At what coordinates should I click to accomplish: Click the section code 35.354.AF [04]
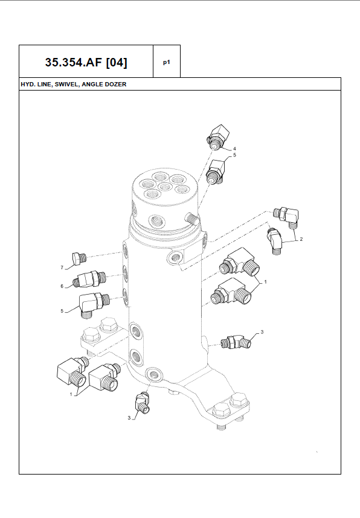coord(86,62)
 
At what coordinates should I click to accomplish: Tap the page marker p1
coord(167,62)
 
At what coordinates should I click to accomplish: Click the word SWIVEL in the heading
coord(67,85)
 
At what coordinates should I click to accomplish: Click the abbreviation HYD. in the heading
coord(27,85)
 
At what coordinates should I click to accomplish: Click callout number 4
coord(234,149)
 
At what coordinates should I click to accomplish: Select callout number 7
coord(62,267)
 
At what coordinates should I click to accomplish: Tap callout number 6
coord(62,286)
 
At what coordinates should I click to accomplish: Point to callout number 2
coord(301,239)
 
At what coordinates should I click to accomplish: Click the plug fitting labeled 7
coord(79,258)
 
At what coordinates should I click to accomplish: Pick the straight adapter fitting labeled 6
coord(90,279)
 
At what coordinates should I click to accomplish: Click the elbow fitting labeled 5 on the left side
coord(93,304)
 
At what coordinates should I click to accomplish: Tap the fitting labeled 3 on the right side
coord(236,342)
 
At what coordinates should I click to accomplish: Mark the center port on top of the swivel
coord(165,187)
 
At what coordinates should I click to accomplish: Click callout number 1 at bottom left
coord(71,394)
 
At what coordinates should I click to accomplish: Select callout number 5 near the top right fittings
coord(234,155)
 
